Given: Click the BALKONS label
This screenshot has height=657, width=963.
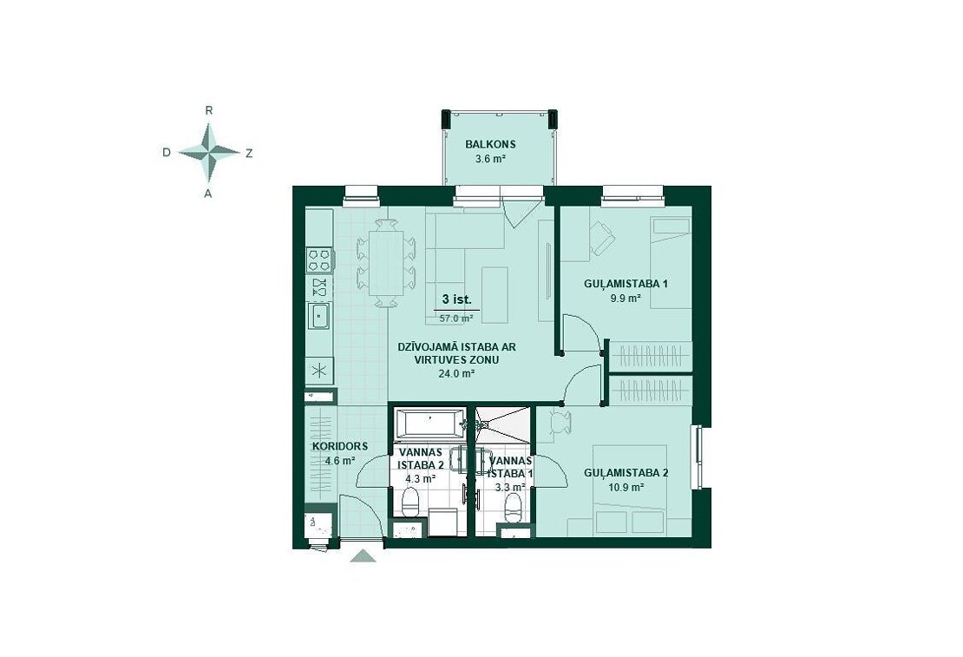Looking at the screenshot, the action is click(490, 144).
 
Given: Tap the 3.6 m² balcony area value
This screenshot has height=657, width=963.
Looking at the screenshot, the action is click(490, 159).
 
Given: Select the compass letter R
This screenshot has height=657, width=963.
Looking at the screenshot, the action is click(209, 110).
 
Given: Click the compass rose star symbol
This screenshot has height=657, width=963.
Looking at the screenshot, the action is click(209, 152).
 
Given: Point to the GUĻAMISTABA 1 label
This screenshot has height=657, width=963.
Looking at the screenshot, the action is click(626, 284).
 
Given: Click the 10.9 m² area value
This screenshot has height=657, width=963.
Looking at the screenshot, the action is click(626, 488).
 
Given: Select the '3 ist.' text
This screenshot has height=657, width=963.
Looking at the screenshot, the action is click(456, 300).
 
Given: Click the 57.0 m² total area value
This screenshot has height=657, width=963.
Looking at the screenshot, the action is click(456, 319).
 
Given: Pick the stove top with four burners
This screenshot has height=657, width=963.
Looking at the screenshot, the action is click(319, 260).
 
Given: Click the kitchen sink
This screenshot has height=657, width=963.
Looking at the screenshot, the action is click(319, 317).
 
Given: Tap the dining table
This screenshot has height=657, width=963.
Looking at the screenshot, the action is click(386, 263).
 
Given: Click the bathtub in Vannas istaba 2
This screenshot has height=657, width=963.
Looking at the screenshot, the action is click(428, 424).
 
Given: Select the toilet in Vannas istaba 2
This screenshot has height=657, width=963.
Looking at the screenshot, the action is click(409, 501).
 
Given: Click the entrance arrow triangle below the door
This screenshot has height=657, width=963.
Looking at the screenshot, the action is click(363, 556).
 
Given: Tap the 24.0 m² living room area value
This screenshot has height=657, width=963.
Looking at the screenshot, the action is click(456, 373).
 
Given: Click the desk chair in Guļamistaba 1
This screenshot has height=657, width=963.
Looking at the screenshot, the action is click(601, 237).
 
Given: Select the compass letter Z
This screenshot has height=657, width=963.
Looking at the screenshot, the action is click(249, 154).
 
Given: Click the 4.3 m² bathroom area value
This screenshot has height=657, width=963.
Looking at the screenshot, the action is click(421, 478).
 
